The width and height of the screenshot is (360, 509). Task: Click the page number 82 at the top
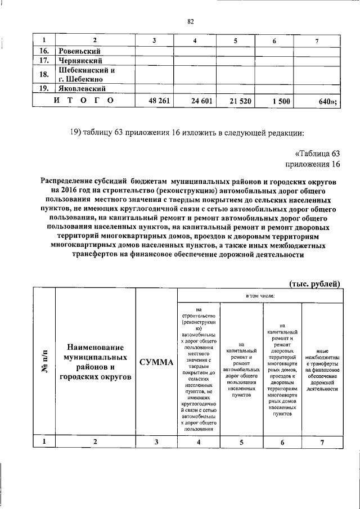tap(190, 21)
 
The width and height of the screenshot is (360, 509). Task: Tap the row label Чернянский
tap(80, 61)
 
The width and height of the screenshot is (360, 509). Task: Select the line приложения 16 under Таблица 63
tap(313, 164)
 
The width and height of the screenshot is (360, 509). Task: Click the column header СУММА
tap(156, 362)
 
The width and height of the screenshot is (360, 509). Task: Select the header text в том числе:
tap(259, 295)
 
